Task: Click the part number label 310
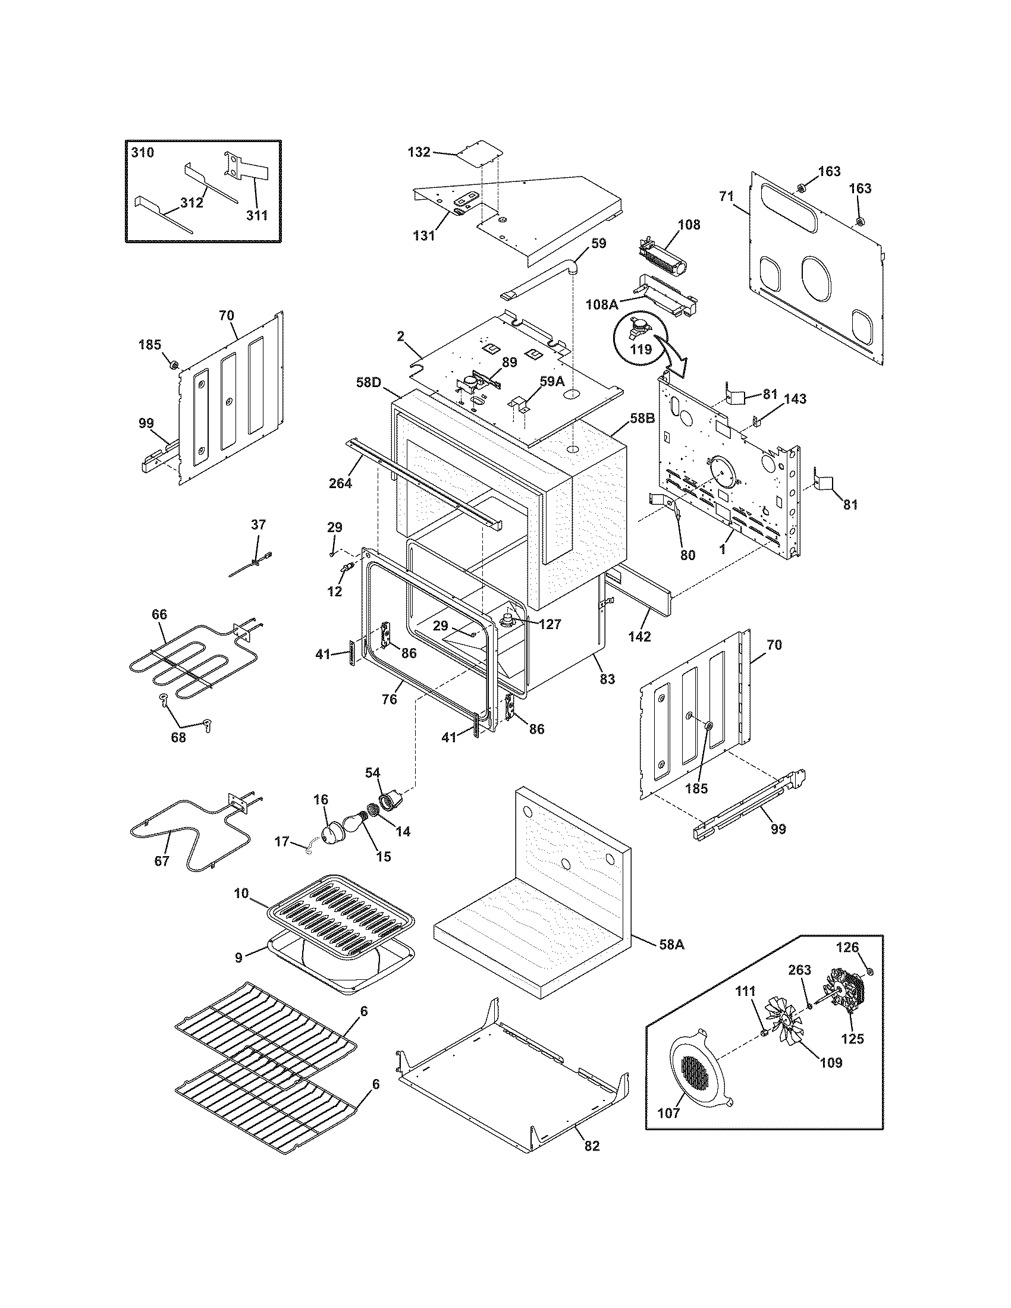click(x=143, y=152)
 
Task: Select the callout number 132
click(x=419, y=152)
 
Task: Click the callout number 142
click(x=639, y=637)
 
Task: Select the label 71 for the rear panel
click(x=726, y=196)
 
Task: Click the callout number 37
click(x=258, y=524)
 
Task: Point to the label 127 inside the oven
click(x=550, y=625)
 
